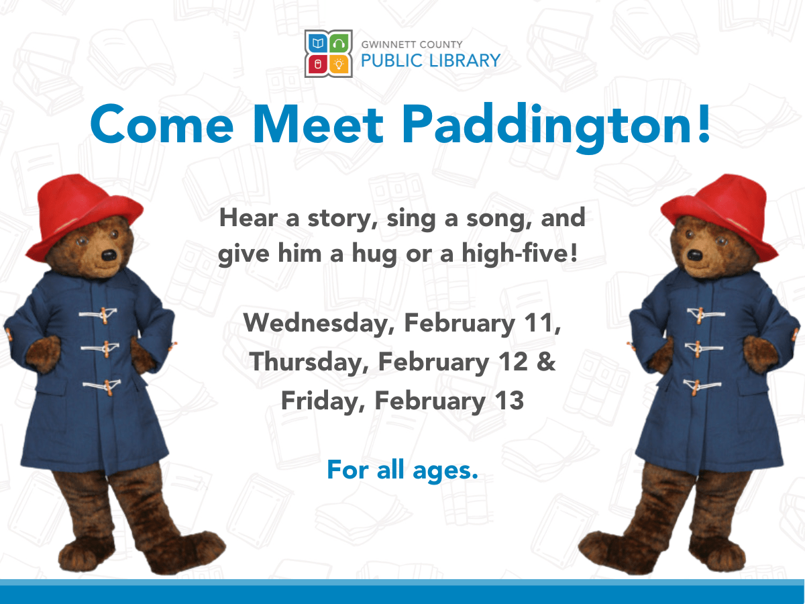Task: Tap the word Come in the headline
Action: tap(162, 124)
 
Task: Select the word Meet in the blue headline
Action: tap(318, 124)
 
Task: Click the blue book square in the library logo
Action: tap(317, 44)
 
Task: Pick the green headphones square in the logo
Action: tap(339, 44)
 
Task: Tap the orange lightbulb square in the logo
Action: tap(339, 65)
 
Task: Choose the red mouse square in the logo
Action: tap(317, 65)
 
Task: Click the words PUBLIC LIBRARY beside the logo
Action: tap(431, 60)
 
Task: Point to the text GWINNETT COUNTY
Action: tap(412, 44)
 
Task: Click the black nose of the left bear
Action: tap(109, 255)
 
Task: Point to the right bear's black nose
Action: tap(695, 255)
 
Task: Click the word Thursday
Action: tap(309, 362)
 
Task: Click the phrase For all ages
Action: tap(402, 470)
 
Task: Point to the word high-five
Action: tap(520, 253)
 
